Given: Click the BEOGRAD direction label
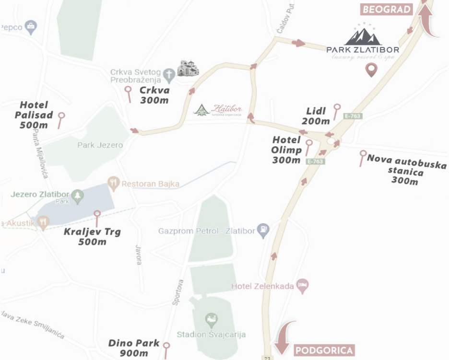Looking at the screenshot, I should point(387,10).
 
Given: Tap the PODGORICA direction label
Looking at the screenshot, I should point(325,350).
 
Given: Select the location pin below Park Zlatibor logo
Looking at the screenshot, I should point(371,70).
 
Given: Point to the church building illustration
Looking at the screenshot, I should point(188,69).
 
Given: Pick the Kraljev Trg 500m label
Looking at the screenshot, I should point(92,237).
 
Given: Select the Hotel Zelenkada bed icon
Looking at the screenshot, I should point(302,286).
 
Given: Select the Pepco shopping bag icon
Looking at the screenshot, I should point(31,27).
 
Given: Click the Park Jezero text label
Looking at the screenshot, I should point(100,145).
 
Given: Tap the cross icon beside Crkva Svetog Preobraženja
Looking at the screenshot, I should point(168,74).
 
